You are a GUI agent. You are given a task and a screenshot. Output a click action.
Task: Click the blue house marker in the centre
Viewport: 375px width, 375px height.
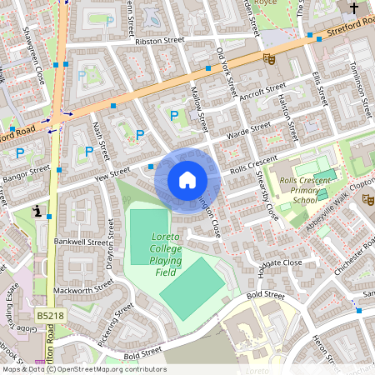tap(187, 179)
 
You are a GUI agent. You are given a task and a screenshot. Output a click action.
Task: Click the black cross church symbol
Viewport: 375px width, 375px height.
tap(353, 9)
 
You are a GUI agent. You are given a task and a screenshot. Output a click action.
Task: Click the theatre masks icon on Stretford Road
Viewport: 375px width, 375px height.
tap(268, 58)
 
